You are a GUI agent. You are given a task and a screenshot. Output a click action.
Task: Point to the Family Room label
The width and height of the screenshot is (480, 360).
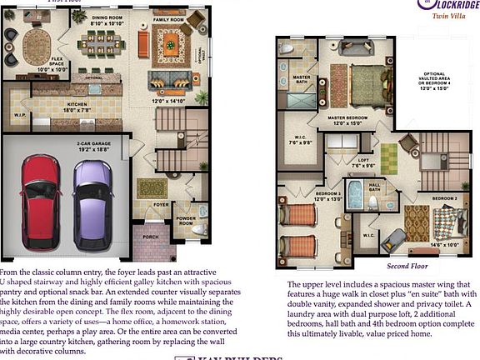click(167, 18)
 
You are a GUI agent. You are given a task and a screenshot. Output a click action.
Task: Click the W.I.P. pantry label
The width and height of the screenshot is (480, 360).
click(20, 115)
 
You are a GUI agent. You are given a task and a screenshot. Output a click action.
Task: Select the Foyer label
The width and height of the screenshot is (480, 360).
click(160, 203)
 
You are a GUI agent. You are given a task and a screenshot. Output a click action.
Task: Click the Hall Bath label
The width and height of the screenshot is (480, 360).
click(374, 187)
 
